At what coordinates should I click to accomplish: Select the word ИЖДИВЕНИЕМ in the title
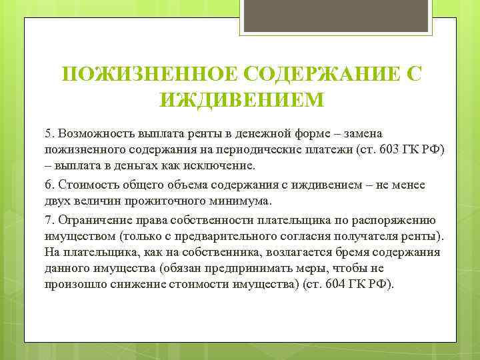(x=241, y=100)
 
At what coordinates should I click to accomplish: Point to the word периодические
(x=261, y=149)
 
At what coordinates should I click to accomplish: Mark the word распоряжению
(x=395, y=219)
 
